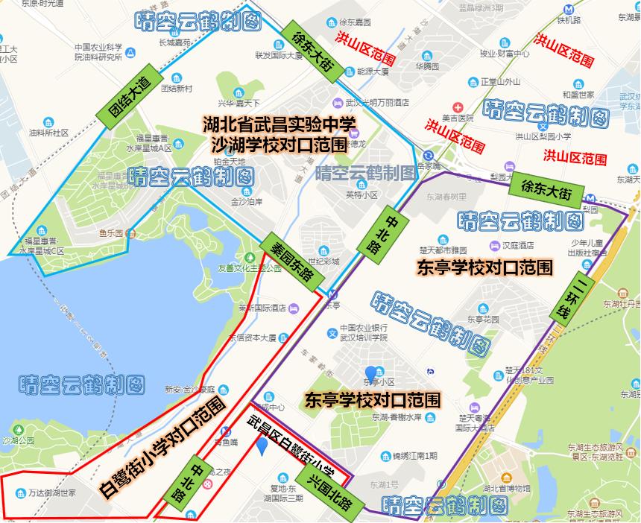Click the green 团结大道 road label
[x=128, y=98]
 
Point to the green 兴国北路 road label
[x=329, y=490]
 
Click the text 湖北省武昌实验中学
[x=280, y=123]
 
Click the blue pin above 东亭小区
[x=370, y=372]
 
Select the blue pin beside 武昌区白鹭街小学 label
[x=262, y=446]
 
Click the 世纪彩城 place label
[x=324, y=261]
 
